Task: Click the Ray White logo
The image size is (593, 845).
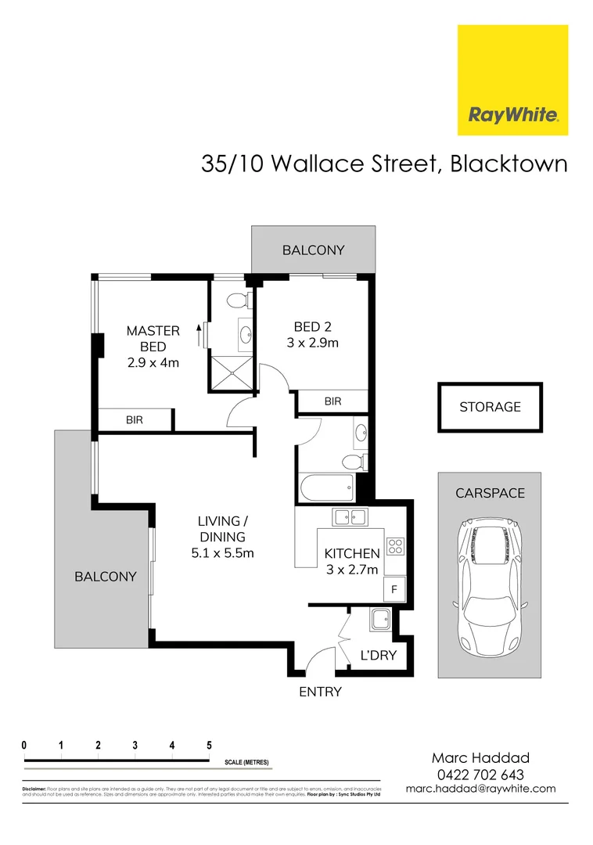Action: point(512,80)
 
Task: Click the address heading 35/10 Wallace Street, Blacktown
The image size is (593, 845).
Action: point(384,164)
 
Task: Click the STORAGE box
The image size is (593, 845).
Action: point(490,407)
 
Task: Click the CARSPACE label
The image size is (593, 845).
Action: point(490,493)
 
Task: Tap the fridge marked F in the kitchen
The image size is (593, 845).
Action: point(394,589)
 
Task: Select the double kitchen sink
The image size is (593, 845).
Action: point(350,517)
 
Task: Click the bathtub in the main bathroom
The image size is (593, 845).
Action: point(325,489)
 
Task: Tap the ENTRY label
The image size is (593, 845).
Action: point(321,692)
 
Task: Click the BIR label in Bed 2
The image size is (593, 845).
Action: point(333,401)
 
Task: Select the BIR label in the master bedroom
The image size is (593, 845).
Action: point(135,420)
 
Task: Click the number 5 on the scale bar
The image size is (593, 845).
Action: point(209,745)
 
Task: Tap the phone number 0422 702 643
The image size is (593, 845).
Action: point(481,774)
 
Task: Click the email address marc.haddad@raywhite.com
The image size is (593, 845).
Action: point(481,789)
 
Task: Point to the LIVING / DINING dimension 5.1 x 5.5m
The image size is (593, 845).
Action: point(223,553)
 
